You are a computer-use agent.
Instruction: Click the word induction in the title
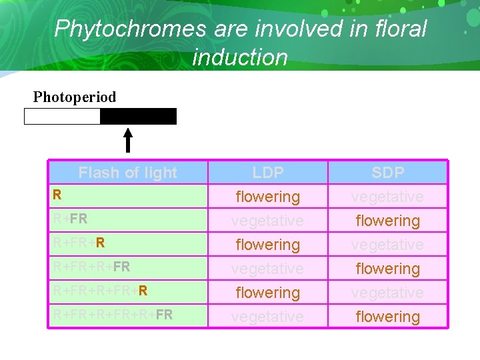point(240,57)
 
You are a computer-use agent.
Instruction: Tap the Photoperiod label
point(75,97)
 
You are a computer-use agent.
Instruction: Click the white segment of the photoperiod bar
point(62,117)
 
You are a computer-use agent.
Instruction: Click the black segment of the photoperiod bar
point(138,117)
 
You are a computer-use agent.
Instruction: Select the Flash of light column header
point(128,173)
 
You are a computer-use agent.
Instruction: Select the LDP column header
point(268,173)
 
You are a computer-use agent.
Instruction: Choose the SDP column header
point(387,173)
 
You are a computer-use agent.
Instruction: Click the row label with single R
point(58,195)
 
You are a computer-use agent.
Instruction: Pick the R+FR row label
point(70,219)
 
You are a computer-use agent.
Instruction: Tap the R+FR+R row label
point(79,243)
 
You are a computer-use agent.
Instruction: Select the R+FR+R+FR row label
point(91,267)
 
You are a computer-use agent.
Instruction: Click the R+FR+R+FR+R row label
point(100,291)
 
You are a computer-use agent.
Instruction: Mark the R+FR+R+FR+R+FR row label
point(113,315)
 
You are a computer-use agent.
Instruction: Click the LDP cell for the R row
point(268,197)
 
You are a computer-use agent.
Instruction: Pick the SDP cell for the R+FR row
point(387,221)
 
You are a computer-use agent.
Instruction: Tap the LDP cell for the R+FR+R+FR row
point(268,269)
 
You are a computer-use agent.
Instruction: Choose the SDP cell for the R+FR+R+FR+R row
point(387,293)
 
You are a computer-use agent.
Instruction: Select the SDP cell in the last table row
point(387,317)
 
